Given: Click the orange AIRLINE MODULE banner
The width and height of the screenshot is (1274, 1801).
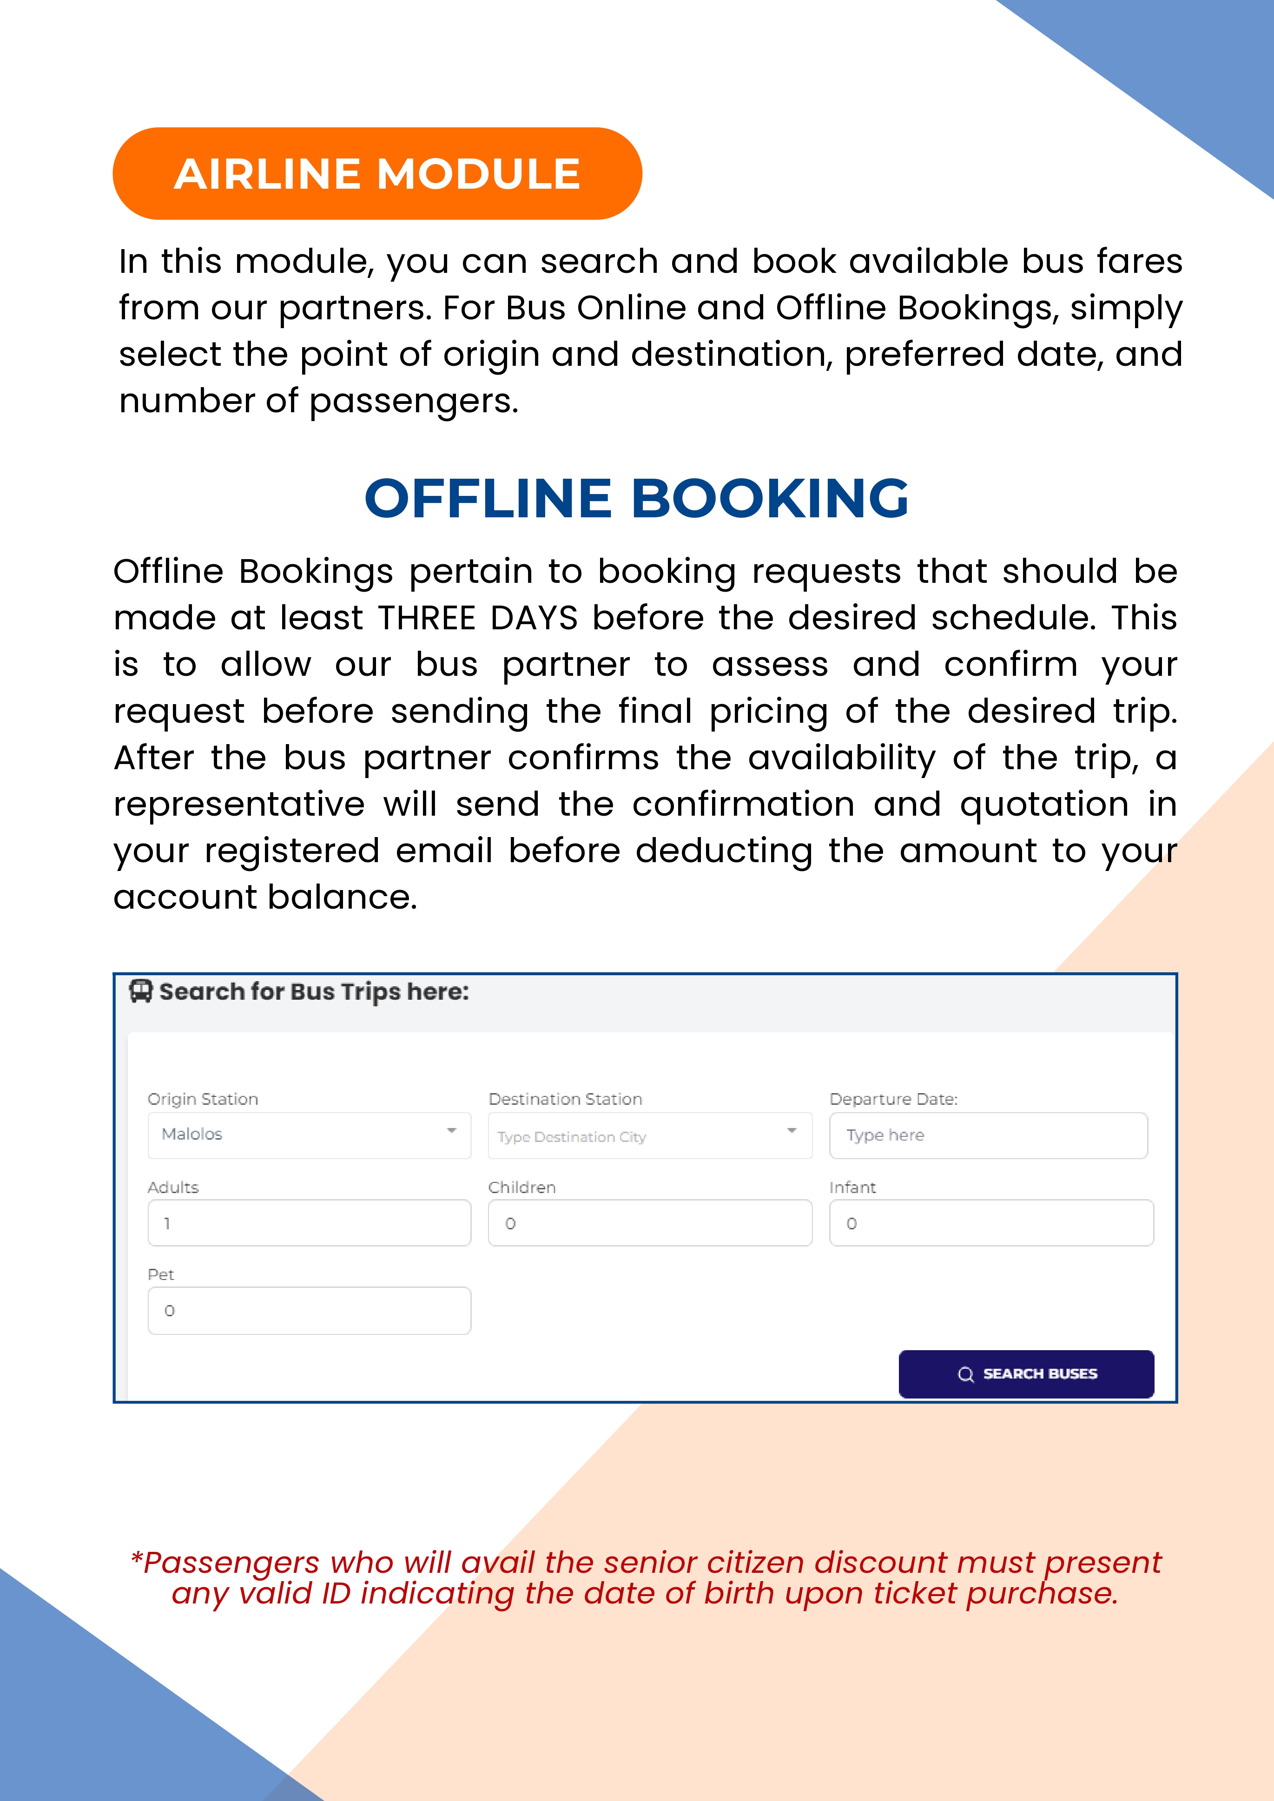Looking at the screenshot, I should tap(377, 173).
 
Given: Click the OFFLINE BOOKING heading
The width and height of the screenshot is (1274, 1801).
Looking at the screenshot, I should tap(636, 499).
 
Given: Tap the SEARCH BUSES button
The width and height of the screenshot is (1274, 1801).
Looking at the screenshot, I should tap(1026, 1373).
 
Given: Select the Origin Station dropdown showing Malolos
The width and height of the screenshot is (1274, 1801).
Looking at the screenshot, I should tap(309, 1134).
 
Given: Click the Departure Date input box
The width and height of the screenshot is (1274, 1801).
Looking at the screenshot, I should tap(989, 1135).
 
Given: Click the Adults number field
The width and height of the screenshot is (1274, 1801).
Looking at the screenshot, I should tap(309, 1223).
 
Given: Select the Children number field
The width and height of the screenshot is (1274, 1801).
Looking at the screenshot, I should tap(650, 1223).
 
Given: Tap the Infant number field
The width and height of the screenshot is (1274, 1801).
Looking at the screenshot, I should tap(991, 1223).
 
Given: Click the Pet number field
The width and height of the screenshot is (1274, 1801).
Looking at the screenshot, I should tap(309, 1310).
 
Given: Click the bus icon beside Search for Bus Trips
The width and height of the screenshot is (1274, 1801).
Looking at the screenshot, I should tap(140, 991).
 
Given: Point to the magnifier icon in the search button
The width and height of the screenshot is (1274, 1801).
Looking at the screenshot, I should tap(966, 1374).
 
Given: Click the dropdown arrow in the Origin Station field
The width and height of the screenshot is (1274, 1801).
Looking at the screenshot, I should tap(451, 1130).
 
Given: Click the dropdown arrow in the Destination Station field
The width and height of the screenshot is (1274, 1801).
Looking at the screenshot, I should tap(792, 1130).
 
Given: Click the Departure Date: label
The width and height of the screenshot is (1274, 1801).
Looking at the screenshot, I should tap(893, 1099).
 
